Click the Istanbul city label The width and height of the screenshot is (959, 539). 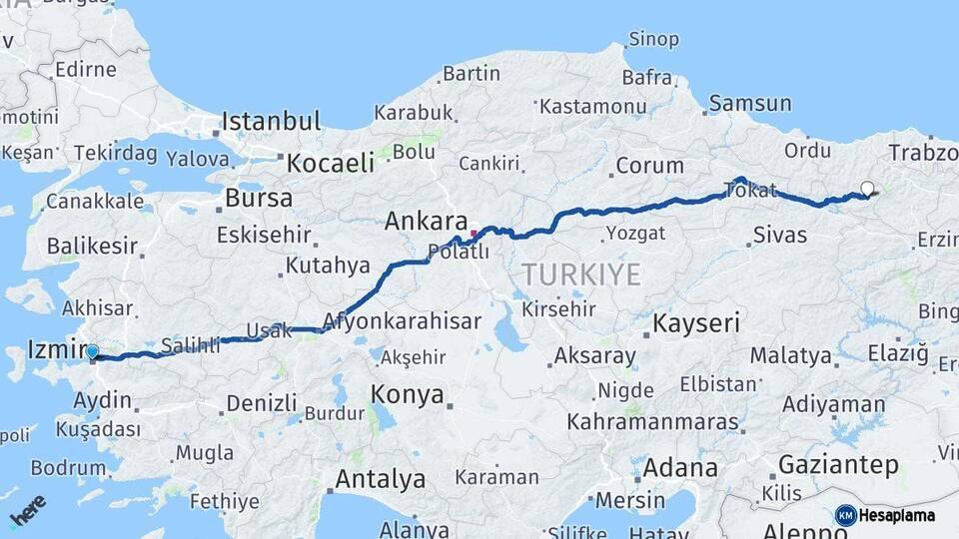pos(271,122)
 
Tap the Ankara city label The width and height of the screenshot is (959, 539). pos(427,221)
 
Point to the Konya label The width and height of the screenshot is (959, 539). pos(407,394)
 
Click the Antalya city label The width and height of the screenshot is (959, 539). pos(380,479)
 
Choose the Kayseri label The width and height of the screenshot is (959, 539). pos(696,323)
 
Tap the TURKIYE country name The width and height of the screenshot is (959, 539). pos(580,274)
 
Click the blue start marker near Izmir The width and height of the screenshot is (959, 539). pos(92,351)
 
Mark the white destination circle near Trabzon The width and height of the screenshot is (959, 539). pos(866,187)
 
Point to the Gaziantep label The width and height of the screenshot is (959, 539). pos(837,464)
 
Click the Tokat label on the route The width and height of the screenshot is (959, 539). pos(751,191)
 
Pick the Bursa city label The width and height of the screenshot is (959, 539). pos(259,198)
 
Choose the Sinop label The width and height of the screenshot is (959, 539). pos(653,40)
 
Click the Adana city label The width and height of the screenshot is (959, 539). pos(679,468)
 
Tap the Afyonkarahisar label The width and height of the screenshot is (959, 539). pos(402,322)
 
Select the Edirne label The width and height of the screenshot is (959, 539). pos(85,70)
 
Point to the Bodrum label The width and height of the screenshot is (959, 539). pos(67,467)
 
